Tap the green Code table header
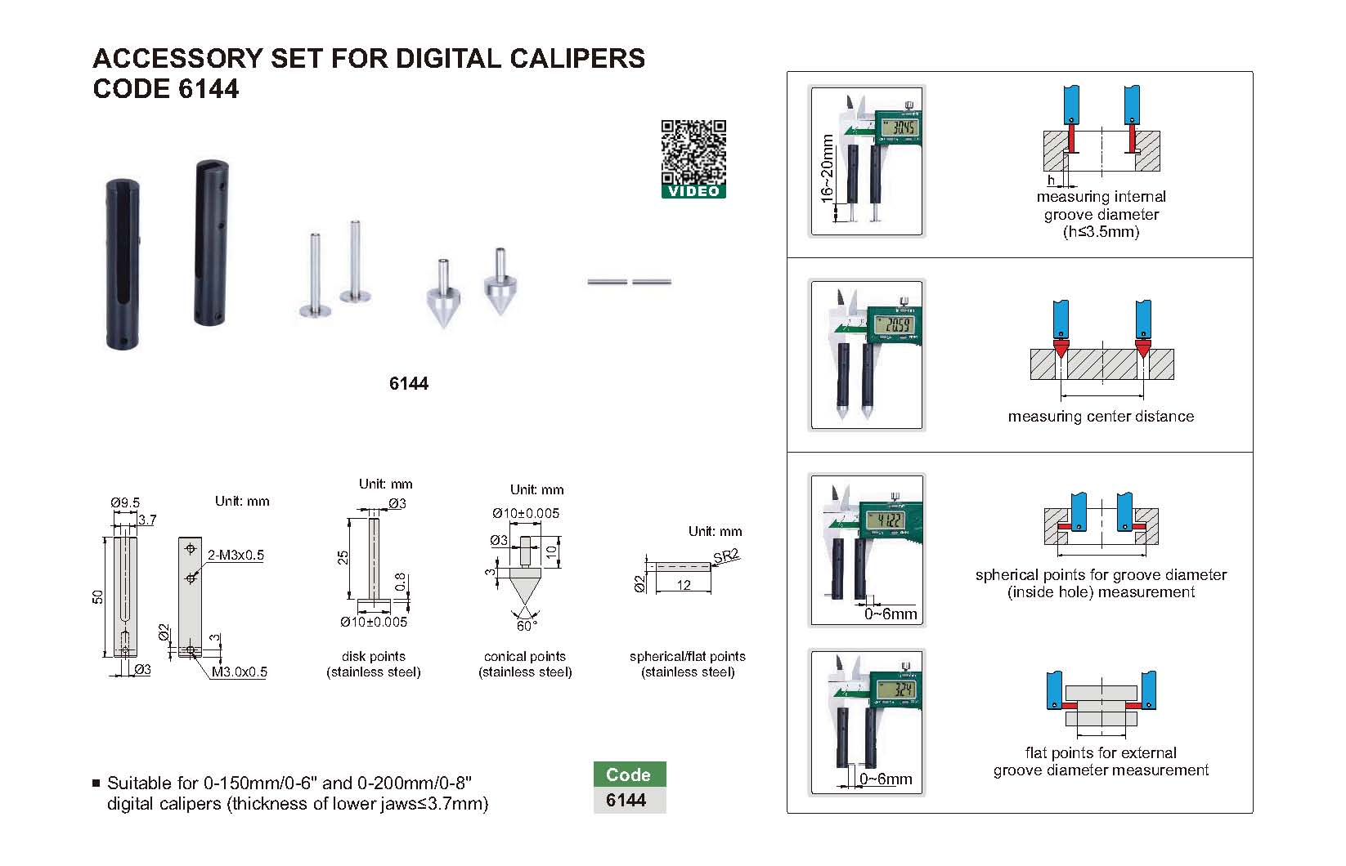pos(629,774)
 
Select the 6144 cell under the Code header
pos(626,801)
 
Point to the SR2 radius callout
pos(725,556)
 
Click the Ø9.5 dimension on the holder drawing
pos(125,502)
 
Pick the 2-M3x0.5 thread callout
pos(236,556)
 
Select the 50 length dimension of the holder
pos(98,596)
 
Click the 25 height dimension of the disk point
pos(344,557)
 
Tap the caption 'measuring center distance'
pos(1101,417)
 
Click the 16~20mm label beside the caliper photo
pos(827,168)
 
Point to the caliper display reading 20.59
pos(892,326)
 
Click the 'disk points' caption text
pos(374,657)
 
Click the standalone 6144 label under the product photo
pos(409,384)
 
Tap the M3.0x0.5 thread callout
pos(240,672)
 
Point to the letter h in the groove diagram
pos(1052,181)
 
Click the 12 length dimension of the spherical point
pos(684,585)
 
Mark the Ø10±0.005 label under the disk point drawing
pos(374,623)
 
